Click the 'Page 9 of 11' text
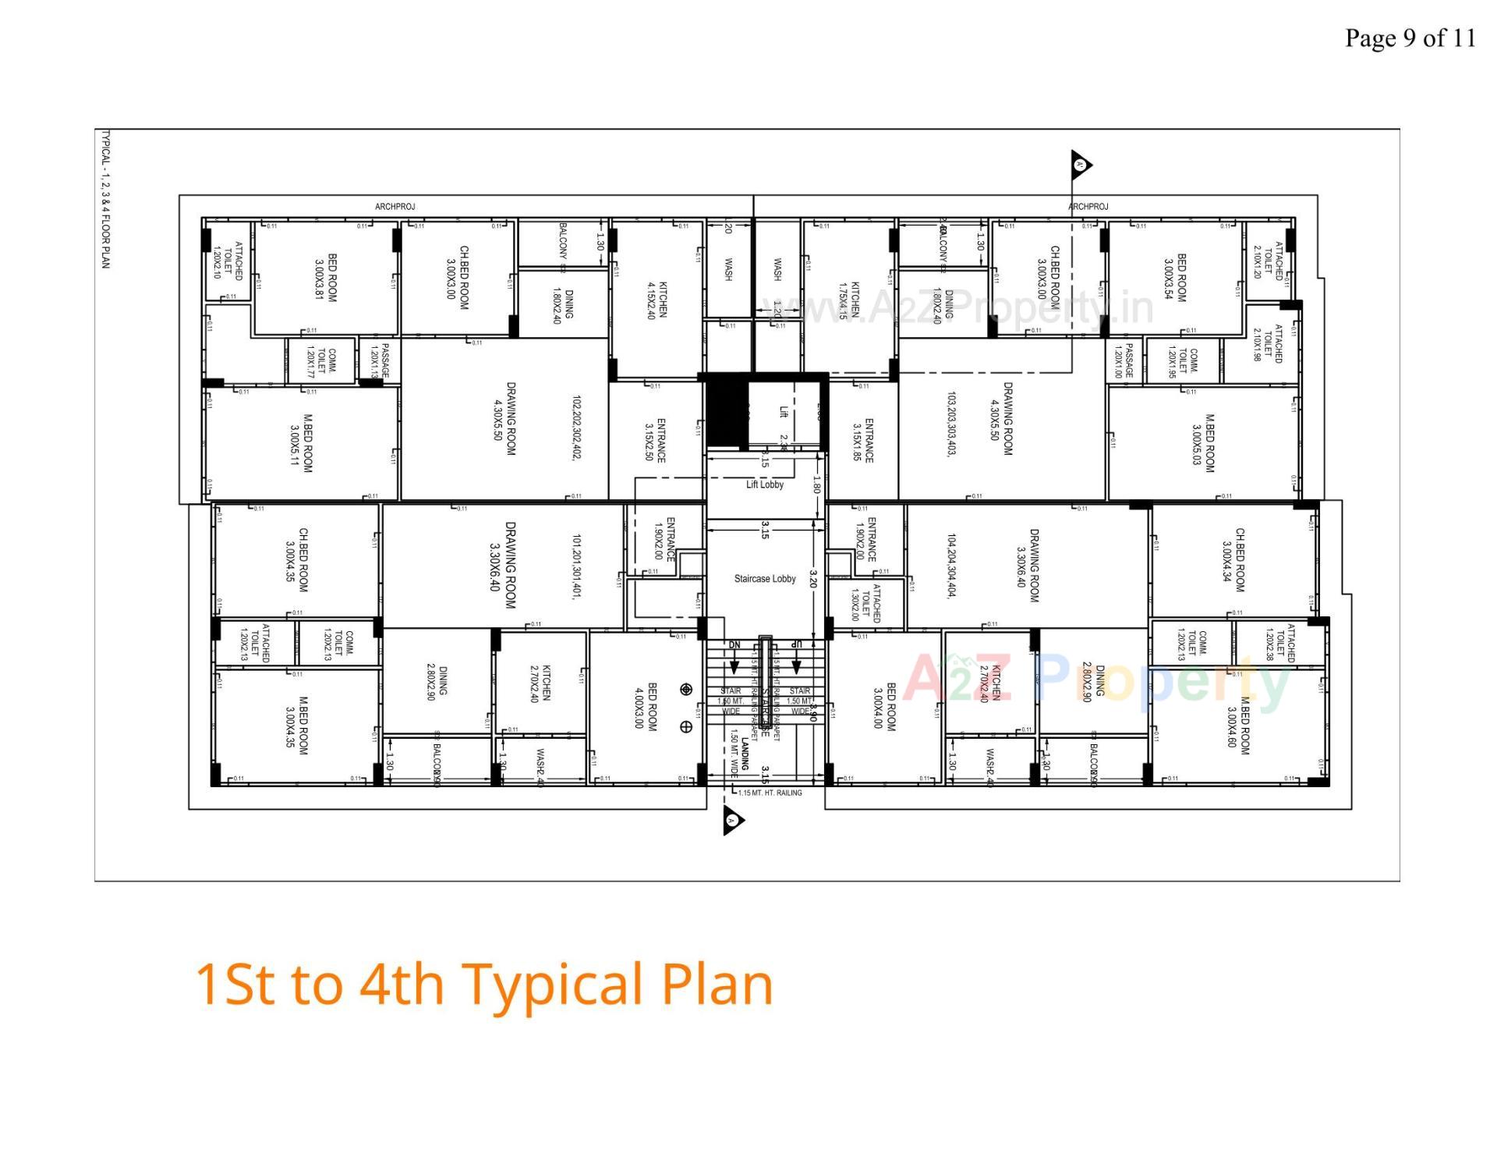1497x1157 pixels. coord(1410,37)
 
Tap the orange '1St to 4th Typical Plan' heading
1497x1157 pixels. coord(483,984)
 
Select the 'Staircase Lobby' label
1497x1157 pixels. coord(765,579)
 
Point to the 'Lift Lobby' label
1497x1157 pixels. coord(765,484)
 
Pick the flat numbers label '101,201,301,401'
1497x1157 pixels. coord(577,566)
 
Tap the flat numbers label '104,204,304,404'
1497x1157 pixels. coord(951,566)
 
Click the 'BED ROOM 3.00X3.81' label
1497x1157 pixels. coord(325,278)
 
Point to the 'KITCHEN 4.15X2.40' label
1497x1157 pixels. coord(656,300)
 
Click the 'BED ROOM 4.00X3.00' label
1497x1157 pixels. coord(646,707)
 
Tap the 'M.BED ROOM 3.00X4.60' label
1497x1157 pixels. coord(1238,726)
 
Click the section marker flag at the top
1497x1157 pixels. coord(1081,165)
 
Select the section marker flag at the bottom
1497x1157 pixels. coord(733,820)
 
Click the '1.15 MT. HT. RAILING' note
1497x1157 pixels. coord(770,793)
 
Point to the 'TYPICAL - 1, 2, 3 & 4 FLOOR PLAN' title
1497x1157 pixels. coord(105,200)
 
